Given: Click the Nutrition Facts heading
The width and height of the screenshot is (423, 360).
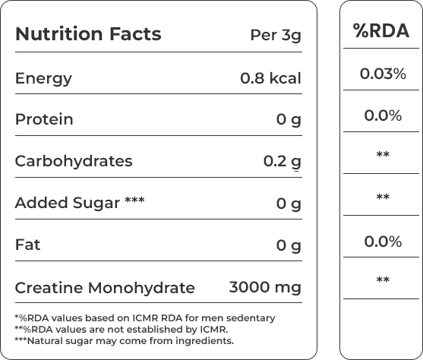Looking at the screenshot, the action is [x=88, y=34].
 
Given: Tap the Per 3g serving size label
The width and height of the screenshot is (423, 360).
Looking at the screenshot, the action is [x=276, y=36].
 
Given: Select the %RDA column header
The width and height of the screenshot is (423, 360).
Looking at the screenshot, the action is [x=381, y=30].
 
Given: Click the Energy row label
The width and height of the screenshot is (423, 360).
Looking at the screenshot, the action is [x=43, y=79].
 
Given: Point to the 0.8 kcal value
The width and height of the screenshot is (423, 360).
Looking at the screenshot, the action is [x=270, y=78].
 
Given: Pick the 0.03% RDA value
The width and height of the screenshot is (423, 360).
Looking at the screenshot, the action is [x=383, y=74].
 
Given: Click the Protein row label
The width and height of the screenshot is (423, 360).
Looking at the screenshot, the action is [x=44, y=119].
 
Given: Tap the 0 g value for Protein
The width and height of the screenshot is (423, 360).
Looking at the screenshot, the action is [x=289, y=120].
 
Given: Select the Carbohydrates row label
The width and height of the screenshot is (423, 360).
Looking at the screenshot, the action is [x=74, y=161].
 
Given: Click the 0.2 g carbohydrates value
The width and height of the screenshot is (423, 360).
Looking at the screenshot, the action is [x=283, y=162].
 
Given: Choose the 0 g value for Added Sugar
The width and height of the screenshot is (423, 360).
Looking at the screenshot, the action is [x=289, y=204].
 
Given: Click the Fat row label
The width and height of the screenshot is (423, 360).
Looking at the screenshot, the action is [x=27, y=245].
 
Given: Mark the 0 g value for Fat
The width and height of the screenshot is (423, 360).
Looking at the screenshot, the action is [x=289, y=246].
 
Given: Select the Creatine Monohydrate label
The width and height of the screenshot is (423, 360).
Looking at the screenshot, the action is [x=105, y=288].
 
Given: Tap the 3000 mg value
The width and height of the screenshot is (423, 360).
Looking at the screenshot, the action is [x=265, y=288].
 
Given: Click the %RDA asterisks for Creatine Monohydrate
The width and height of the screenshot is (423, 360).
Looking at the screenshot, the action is [x=383, y=279].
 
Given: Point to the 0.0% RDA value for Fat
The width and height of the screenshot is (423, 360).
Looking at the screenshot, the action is [x=383, y=242].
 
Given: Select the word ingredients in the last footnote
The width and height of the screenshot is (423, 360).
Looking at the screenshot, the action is [x=204, y=341].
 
